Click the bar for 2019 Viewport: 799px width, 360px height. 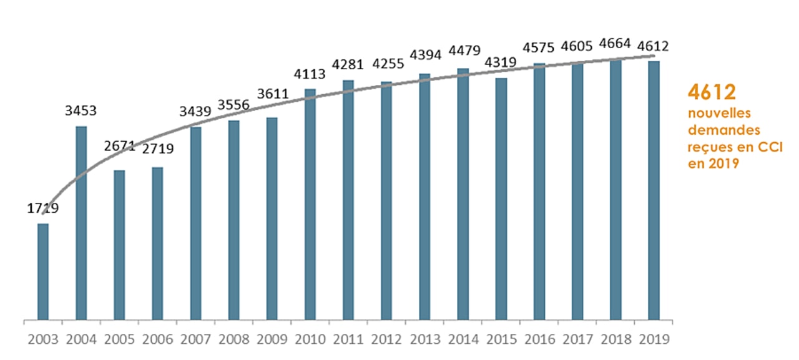point(653,190)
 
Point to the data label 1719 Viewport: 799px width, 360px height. point(42,209)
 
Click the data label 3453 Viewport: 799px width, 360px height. point(81,112)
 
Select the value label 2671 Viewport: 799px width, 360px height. point(119,147)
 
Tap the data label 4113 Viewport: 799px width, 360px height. point(310,75)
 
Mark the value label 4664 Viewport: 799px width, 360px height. point(615,44)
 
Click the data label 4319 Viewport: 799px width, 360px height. point(501,63)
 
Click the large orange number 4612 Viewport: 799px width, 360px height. point(712,92)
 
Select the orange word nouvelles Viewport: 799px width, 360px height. point(718,114)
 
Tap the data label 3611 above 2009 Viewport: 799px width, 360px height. point(272,94)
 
